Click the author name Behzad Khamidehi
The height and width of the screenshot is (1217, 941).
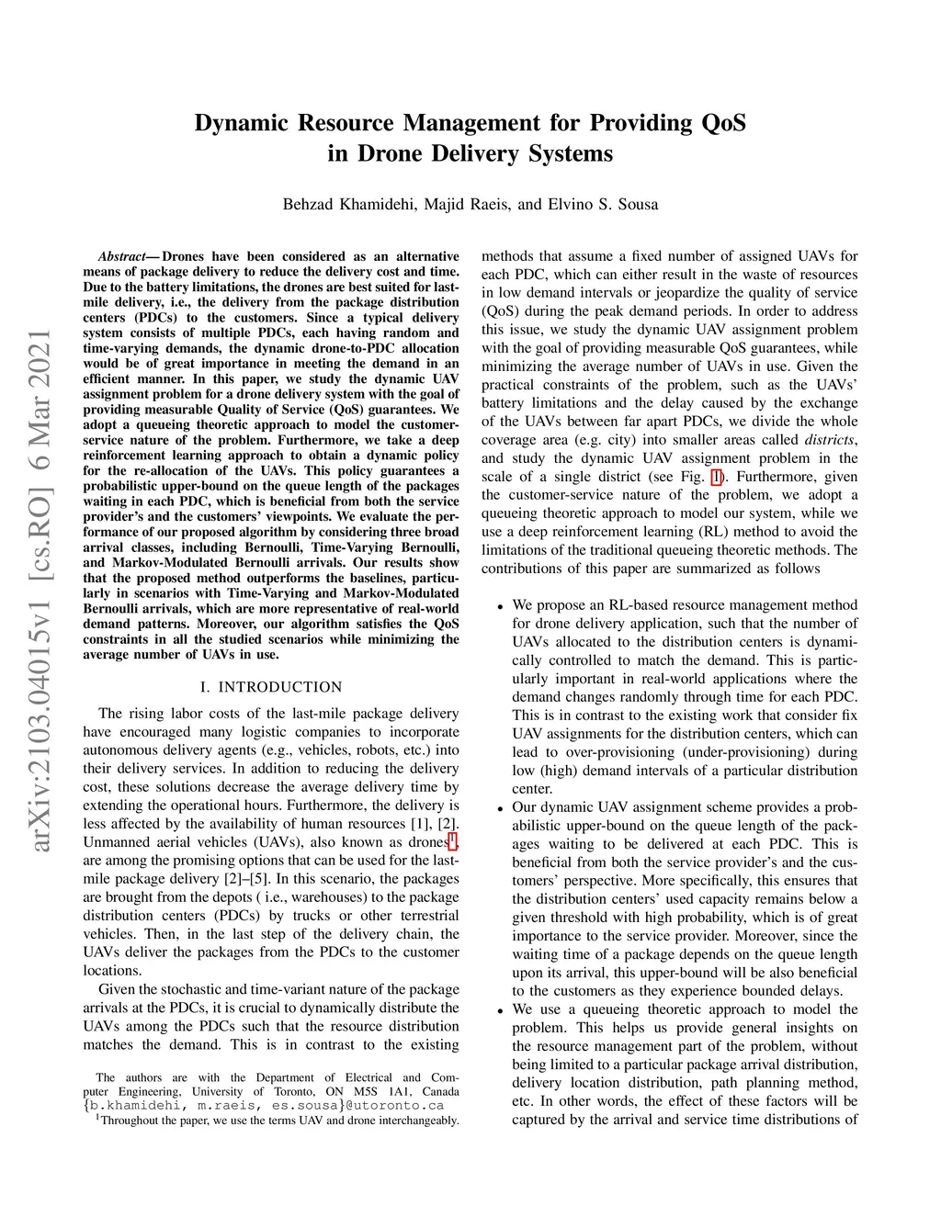point(348,204)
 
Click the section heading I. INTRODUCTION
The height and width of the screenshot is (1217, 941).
point(271,687)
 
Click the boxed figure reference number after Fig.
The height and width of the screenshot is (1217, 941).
point(717,477)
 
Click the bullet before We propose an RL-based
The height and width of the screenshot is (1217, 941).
point(500,606)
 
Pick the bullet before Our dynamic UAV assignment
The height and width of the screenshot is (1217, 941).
point(500,808)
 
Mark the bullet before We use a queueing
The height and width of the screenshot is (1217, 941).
point(500,1010)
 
